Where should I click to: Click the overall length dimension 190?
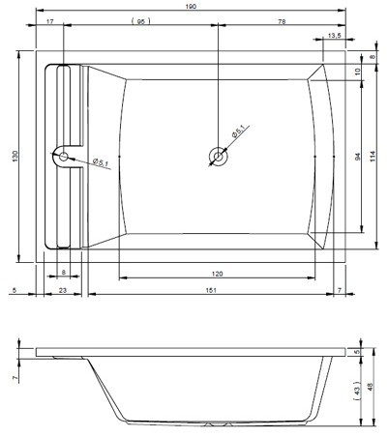(x=191, y=6)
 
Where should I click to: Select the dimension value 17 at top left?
(x=50, y=21)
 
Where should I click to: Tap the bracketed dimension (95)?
(x=141, y=21)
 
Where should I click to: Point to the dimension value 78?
(x=282, y=21)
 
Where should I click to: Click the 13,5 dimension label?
(x=334, y=36)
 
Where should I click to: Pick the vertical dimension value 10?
(x=357, y=72)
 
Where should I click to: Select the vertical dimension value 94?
(x=357, y=157)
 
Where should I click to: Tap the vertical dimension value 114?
(x=373, y=157)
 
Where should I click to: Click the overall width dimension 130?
(x=15, y=156)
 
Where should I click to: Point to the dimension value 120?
(x=218, y=274)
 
